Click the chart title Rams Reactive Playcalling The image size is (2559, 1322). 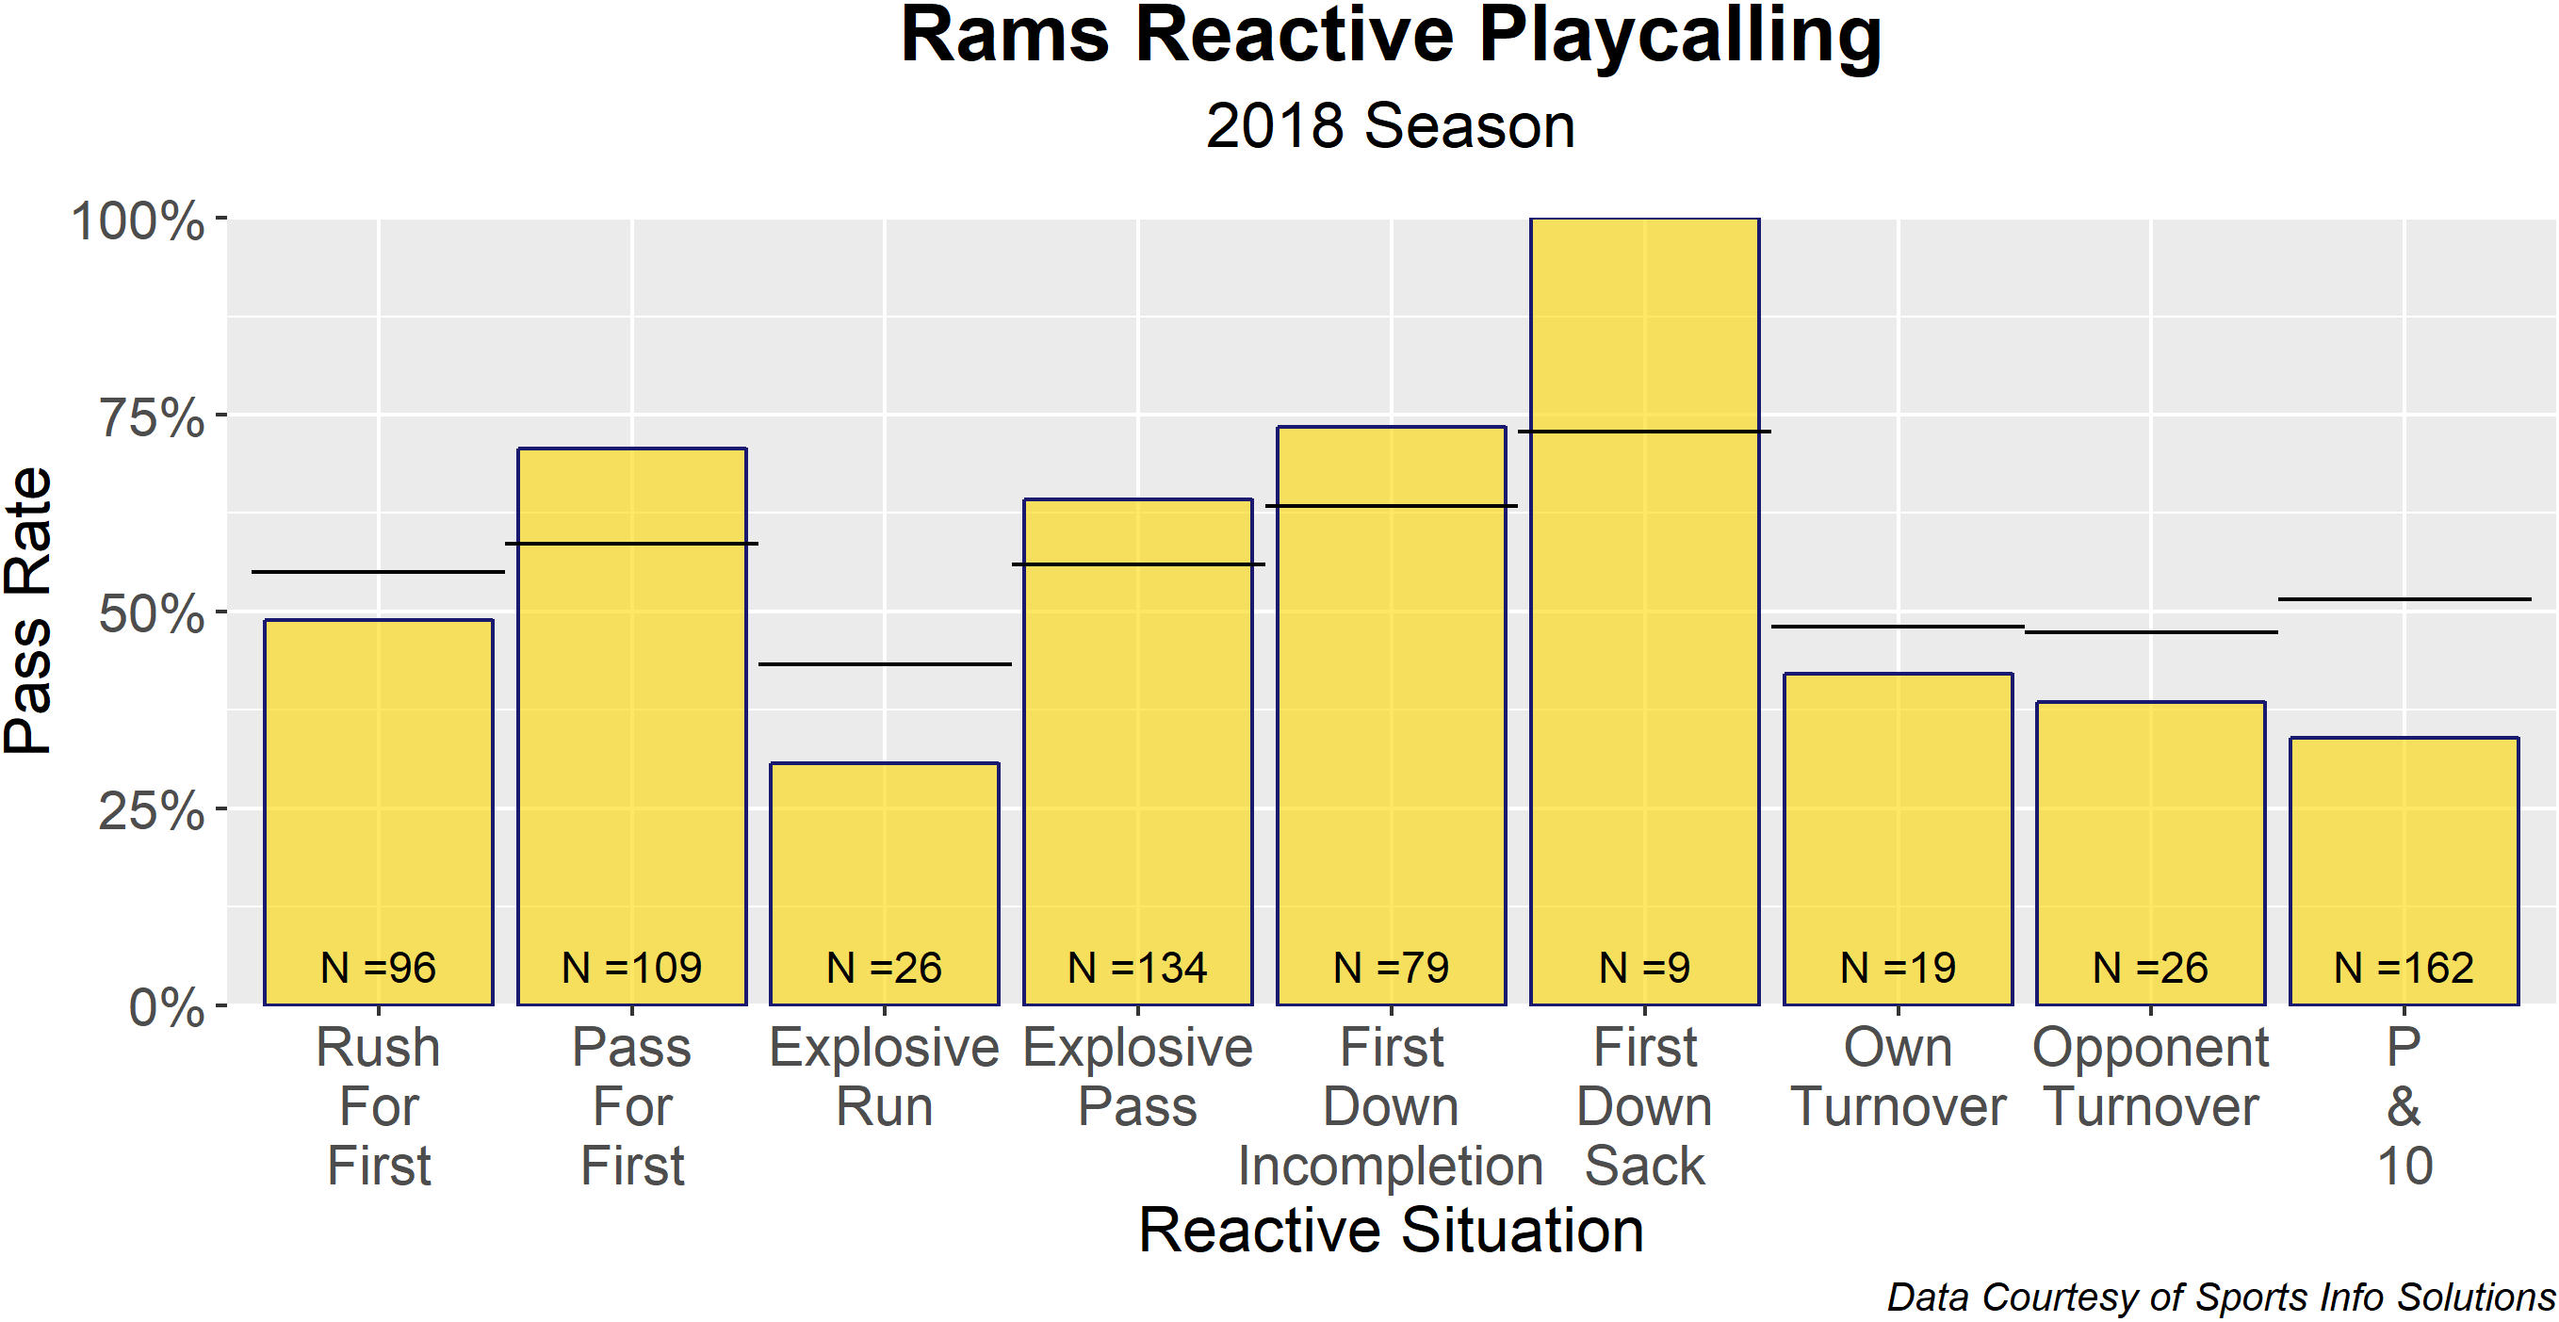pyautogui.click(x=1390, y=38)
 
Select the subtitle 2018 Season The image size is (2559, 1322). pyautogui.click(x=1390, y=127)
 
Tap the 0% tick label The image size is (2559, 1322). pyautogui.click(x=167, y=1007)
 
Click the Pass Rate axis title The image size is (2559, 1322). pyautogui.click(x=28, y=611)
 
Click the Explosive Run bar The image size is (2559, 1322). pyautogui.click(x=884, y=874)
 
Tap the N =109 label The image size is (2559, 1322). pyautogui.click(x=632, y=968)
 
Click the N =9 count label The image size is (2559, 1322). pyautogui.click(x=1644, y=968)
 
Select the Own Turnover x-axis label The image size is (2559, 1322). pyautogui.click(x=1898, y=1077)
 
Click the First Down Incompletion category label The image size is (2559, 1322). pyautogui.click(x=1390, y=1106)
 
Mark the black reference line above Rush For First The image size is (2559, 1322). pyautogui.click(x=379, y=572)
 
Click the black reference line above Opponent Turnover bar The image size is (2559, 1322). pyautogui.click(x=2151, y=632)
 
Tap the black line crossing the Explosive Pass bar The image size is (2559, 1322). pyautogui.click(x=1137, y=564)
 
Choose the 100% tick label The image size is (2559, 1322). pyautogui.click(x=139, y=220)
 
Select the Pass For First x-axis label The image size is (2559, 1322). pyautogui.click(x=632, y=1106)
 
